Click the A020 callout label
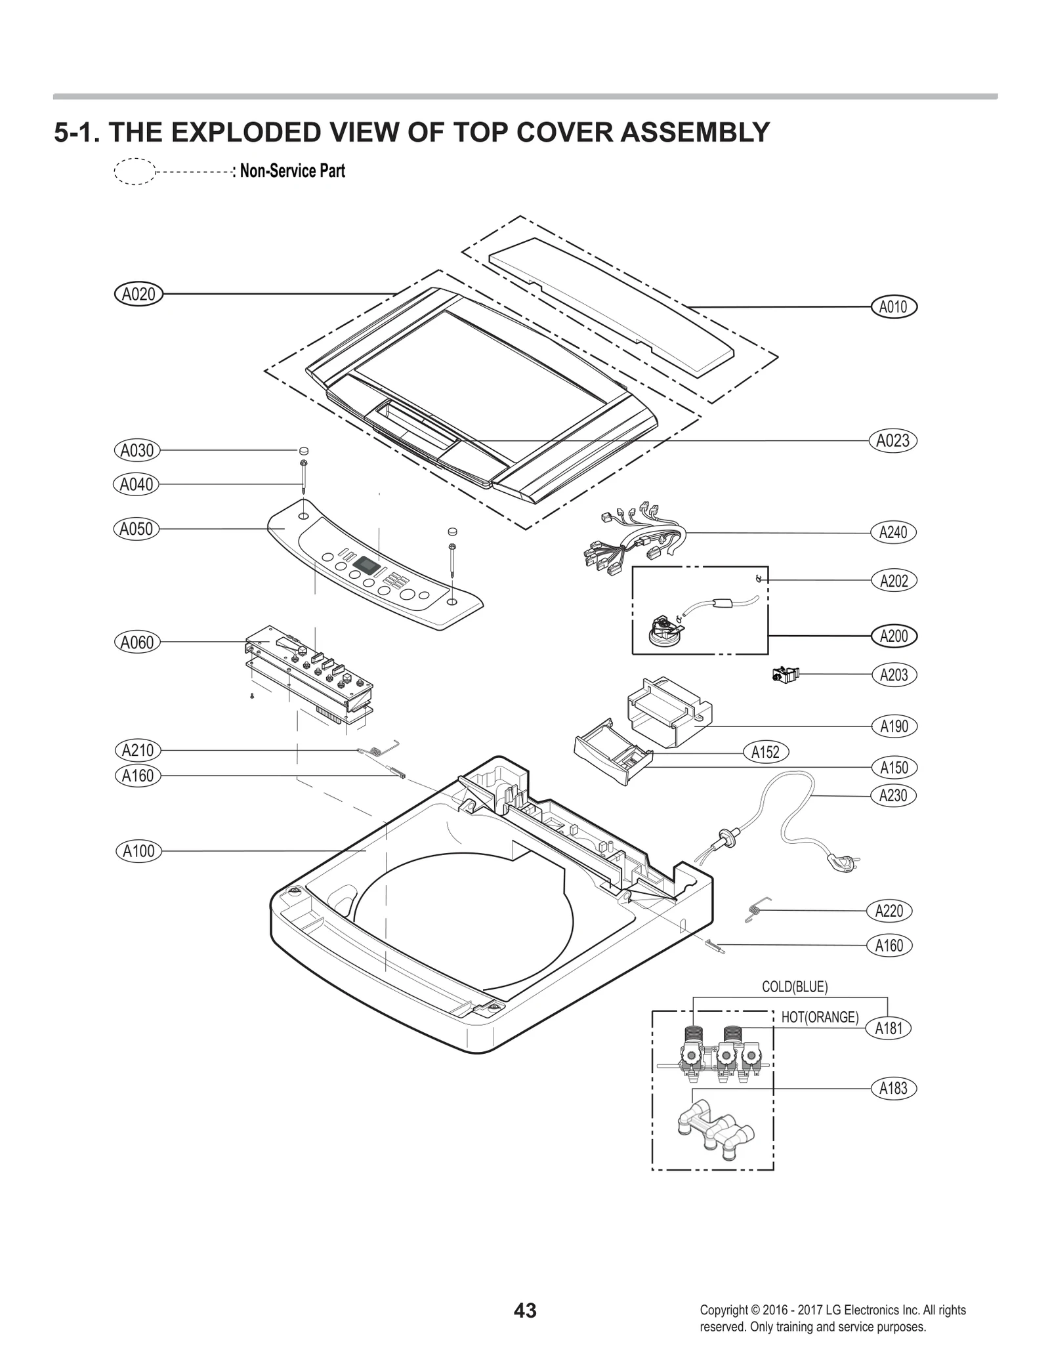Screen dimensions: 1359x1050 click(138, 294)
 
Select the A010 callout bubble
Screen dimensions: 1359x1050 click(892, 306)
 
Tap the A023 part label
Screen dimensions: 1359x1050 click(892, 440)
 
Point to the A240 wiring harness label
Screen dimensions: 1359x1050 click(892, 532)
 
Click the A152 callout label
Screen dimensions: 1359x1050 click(765, 752)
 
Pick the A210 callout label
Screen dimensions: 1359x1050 click(138, 750)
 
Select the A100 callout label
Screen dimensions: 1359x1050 click(138, 851)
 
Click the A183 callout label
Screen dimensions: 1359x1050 click(892, 1089)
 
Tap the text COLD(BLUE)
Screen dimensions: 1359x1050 click(794, 986)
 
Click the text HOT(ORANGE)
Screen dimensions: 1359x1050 click(820, 1017)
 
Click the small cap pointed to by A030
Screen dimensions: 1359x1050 click(303, 451)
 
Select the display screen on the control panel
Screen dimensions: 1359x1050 click(366, 564)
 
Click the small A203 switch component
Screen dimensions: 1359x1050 click(786, 674)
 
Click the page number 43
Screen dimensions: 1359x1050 click(525, 1310)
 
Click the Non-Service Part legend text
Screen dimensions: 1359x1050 click(292, 171)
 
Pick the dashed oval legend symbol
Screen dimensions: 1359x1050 click(135, 172)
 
